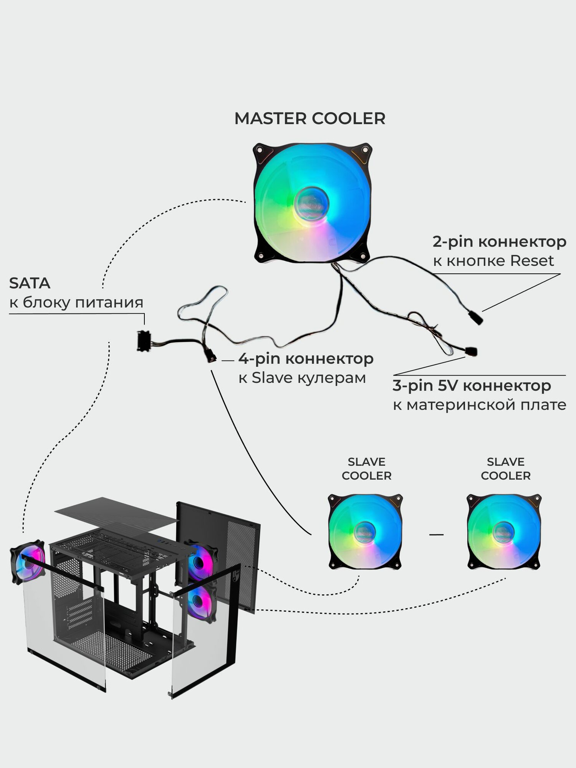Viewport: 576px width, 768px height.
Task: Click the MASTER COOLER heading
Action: click(x=310, y=119)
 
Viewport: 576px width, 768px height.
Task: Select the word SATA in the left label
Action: click(x=30, y=283)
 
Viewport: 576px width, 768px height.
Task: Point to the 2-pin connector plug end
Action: click(x=476, y=318)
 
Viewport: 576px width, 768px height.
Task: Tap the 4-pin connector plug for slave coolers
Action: click(x=210, y=358)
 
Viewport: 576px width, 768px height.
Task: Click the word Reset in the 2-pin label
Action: click(x=532, y=261)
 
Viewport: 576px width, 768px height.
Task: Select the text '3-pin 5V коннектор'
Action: click(x=472, y=386)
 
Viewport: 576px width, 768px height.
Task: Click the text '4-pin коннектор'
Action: click(x=306, y=359)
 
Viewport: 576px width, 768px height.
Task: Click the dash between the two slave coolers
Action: click(x=436, y=534)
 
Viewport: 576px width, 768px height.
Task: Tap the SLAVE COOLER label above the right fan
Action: click(x=505, y=468)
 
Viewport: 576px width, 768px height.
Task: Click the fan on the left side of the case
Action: click(x=28, y=562)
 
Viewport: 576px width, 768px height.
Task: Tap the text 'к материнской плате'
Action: click(x=479, y=405)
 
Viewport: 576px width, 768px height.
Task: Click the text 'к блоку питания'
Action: click(x=76, y=303)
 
